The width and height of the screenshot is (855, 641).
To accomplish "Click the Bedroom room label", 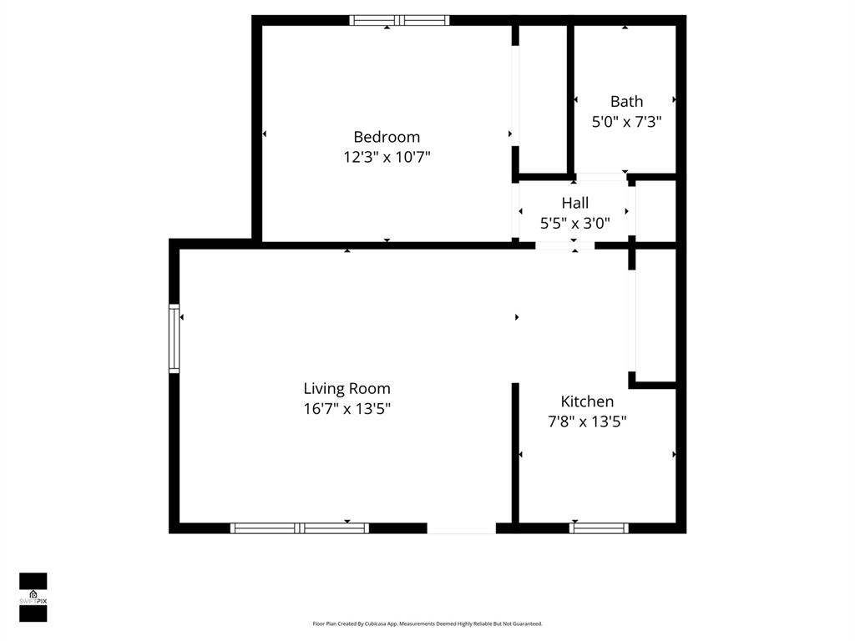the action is point(387,137).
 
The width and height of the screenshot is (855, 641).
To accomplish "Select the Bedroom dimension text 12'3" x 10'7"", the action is point(387,157).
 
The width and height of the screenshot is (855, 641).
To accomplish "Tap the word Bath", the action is point(626,101).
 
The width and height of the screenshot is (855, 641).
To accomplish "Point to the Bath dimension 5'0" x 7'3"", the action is point(626,122).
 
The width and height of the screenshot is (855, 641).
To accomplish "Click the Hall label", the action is point(574,203).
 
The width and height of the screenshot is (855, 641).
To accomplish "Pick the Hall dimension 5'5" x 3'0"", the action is point(574,223).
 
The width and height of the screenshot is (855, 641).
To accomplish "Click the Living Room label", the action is point(347,389).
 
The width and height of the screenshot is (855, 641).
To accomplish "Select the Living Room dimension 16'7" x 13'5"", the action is point(347,409).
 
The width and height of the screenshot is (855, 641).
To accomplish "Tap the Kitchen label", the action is point(587,401).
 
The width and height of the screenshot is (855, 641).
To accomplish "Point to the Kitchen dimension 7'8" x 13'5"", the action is point(587,421).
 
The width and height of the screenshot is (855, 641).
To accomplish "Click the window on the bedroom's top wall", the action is point(400,21).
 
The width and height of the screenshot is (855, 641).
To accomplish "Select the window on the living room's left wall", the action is point(174,339).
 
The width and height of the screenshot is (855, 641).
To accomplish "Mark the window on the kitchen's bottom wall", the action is point(599,527).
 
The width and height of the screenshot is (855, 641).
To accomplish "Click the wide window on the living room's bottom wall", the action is point(300,527).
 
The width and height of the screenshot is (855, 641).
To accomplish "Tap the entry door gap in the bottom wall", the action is point(461,527).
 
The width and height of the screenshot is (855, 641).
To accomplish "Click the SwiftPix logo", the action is point(33,597).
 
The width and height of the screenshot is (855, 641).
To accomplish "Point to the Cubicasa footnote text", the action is point(427,623).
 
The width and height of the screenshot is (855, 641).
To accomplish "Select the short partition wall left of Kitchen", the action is point(514,452).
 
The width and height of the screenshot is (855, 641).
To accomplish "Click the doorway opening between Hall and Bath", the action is point(601,177).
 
